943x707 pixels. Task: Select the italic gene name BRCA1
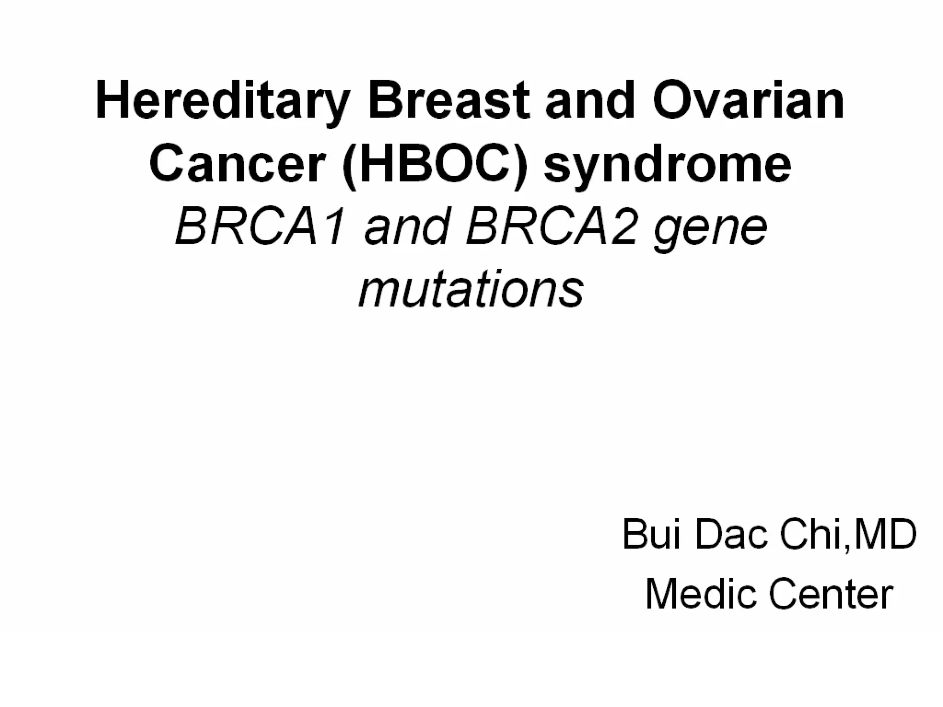coord(260,227)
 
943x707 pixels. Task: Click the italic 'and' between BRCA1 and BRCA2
coord(405,227)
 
